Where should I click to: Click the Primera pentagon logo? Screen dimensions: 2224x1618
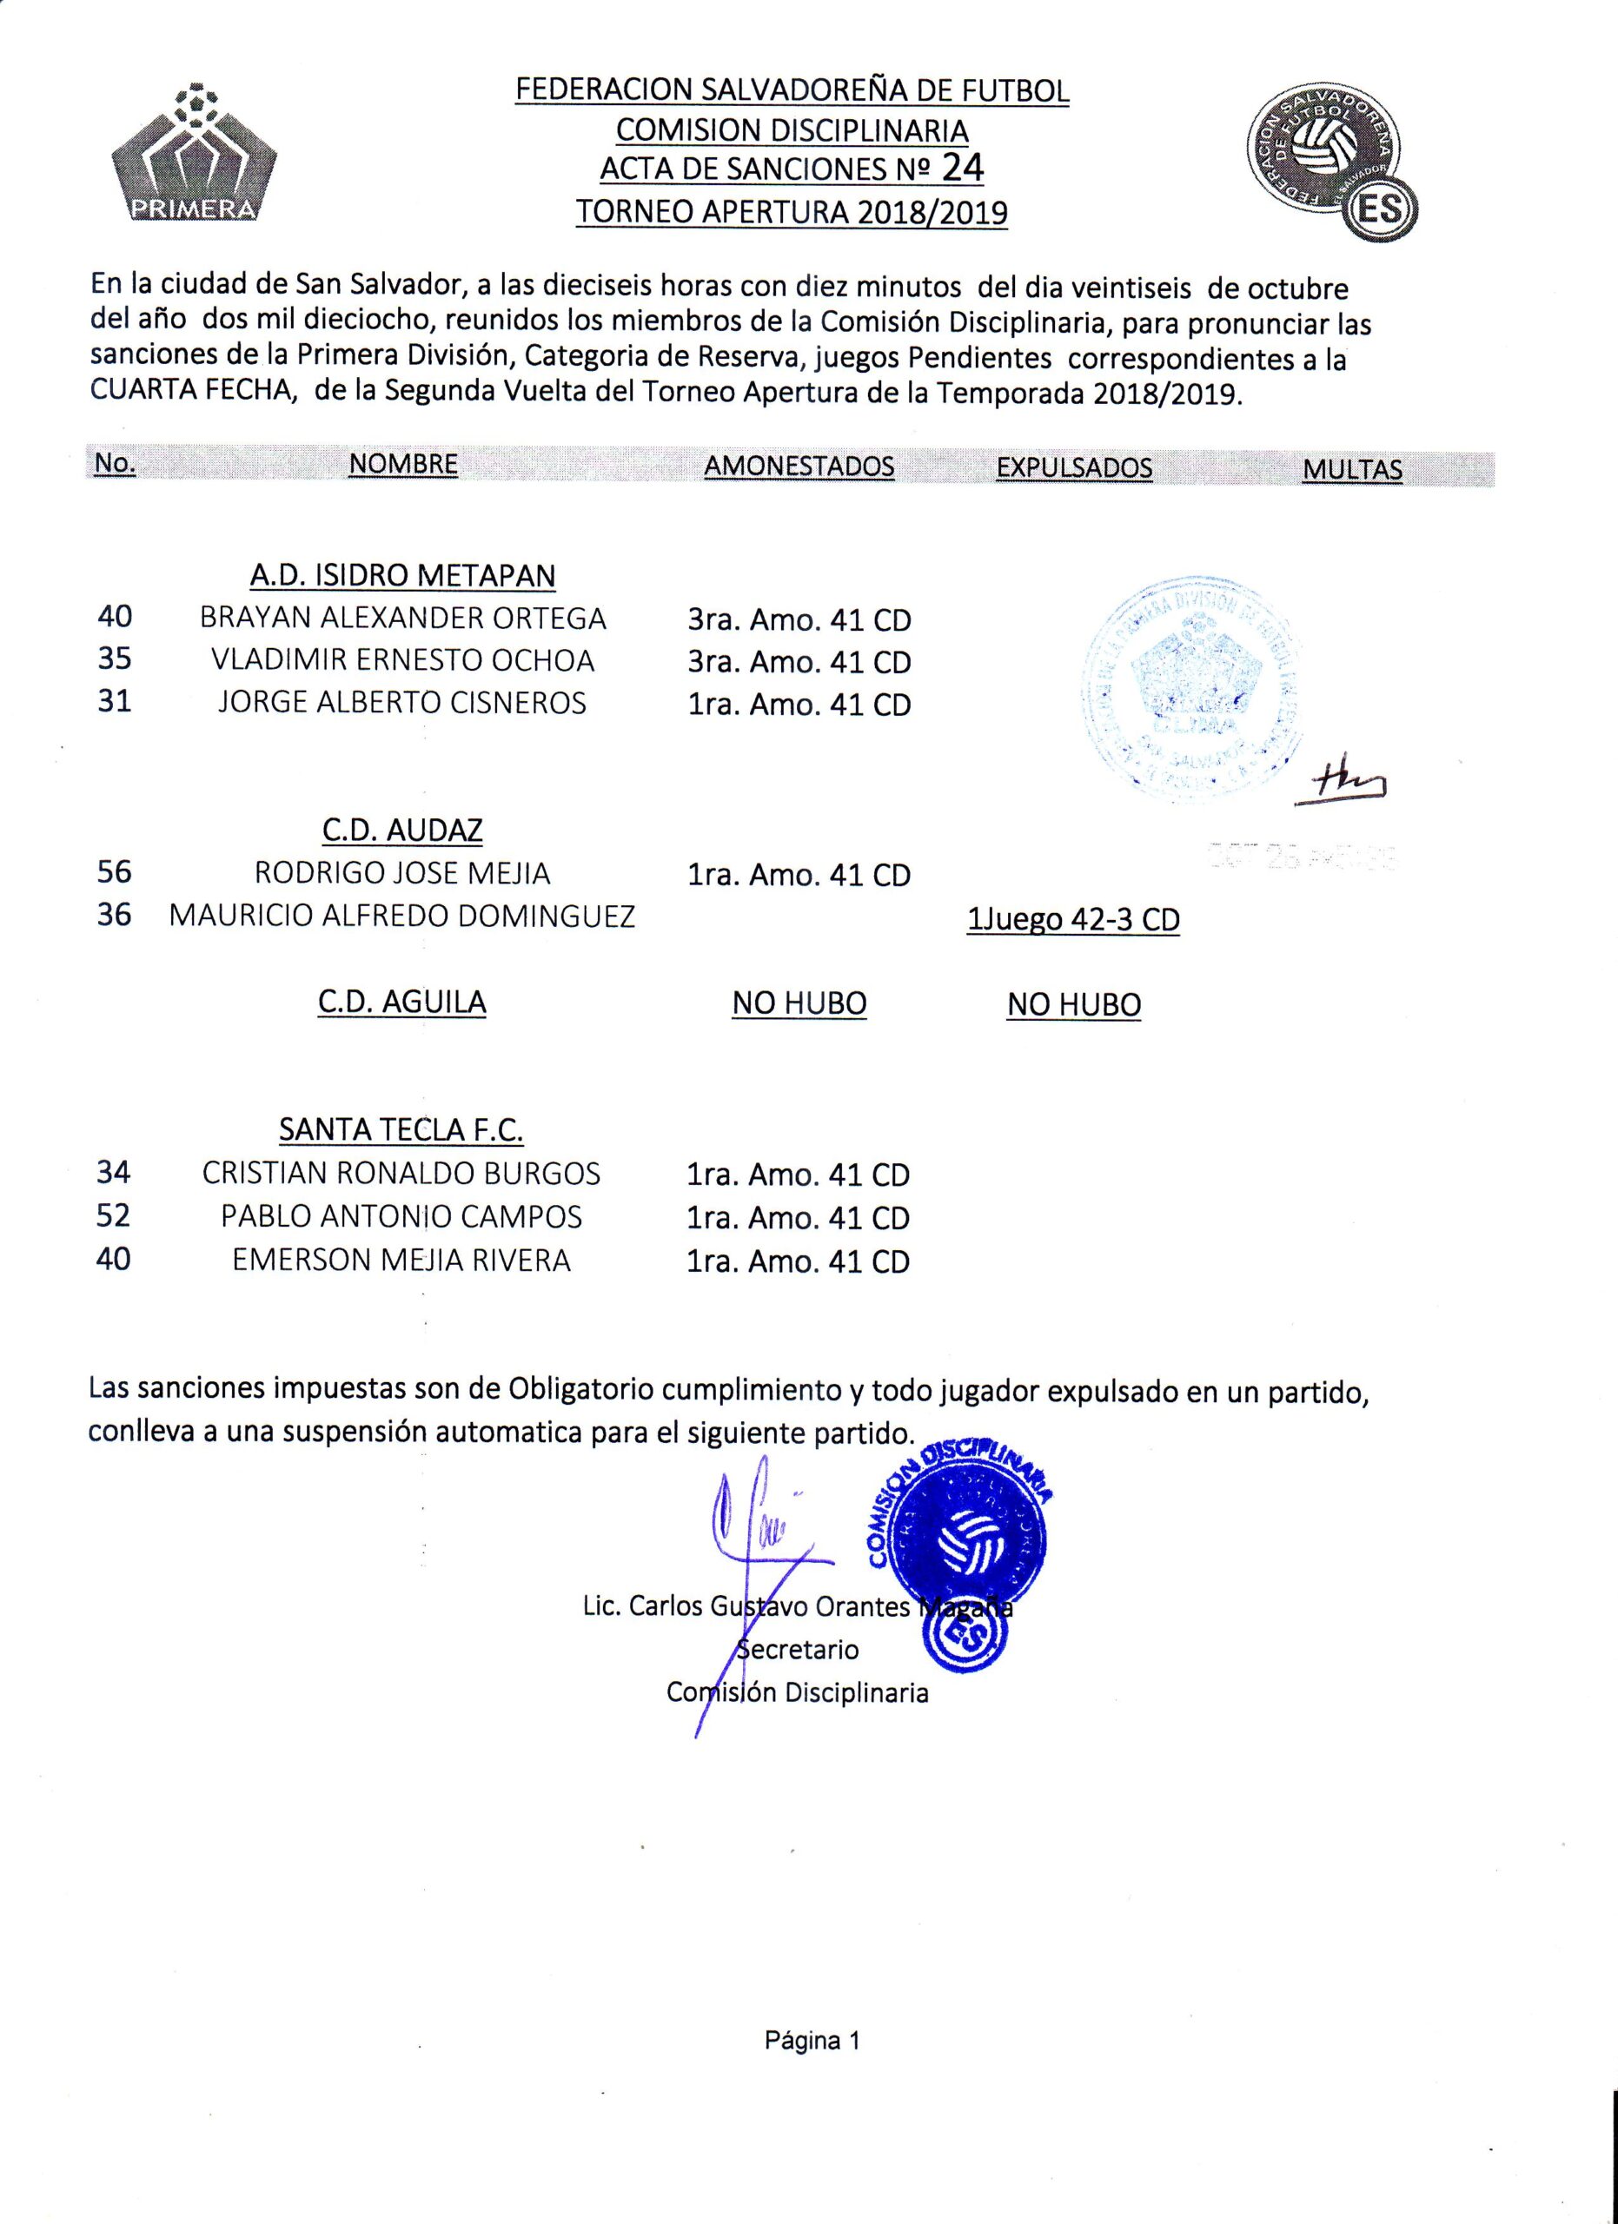[194, 157]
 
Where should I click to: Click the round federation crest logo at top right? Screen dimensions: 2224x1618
[1331, 162]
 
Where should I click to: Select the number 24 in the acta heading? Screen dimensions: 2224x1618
[962, 168]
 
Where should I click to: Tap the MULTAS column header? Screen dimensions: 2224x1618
[1352, 470]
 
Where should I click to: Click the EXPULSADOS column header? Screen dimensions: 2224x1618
[1074, 467]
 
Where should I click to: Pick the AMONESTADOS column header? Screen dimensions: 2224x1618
[799, 466]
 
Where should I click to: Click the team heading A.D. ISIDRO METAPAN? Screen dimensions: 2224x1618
[402, 576]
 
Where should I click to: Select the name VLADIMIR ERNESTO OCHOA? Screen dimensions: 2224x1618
[403, 660]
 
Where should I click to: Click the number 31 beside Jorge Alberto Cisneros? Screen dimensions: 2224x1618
[115, 702]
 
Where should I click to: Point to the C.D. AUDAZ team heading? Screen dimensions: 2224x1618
[402, 831]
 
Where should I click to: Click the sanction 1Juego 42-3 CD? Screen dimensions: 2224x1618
[1073, 920]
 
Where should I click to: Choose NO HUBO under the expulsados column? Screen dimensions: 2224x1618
[1074, 1004]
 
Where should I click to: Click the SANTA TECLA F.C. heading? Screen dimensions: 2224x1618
[401, 1129]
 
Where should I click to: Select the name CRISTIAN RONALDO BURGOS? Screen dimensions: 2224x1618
[401, 1173]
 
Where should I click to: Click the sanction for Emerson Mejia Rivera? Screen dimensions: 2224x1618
[799, 1261]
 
